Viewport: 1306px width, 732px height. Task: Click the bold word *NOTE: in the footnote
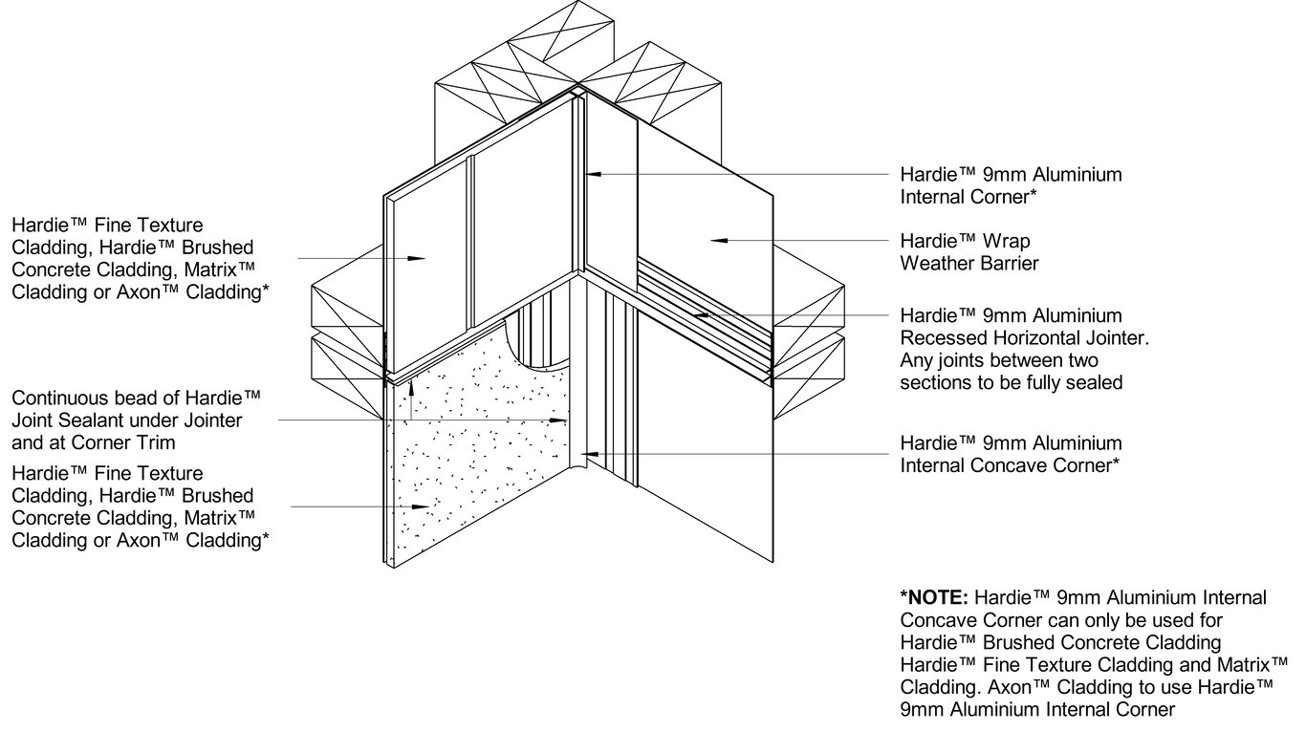[x=934, y=598]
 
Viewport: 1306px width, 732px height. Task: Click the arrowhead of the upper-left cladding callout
[x=418, y=258]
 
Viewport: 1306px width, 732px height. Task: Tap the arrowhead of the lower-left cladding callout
[x=418, y=506]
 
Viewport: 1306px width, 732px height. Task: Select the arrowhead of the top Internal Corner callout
[x=592, y=175]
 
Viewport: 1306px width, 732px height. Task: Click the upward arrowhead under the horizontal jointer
[x=411, y=385]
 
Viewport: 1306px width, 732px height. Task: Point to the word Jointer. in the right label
[x=1114, y=338]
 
